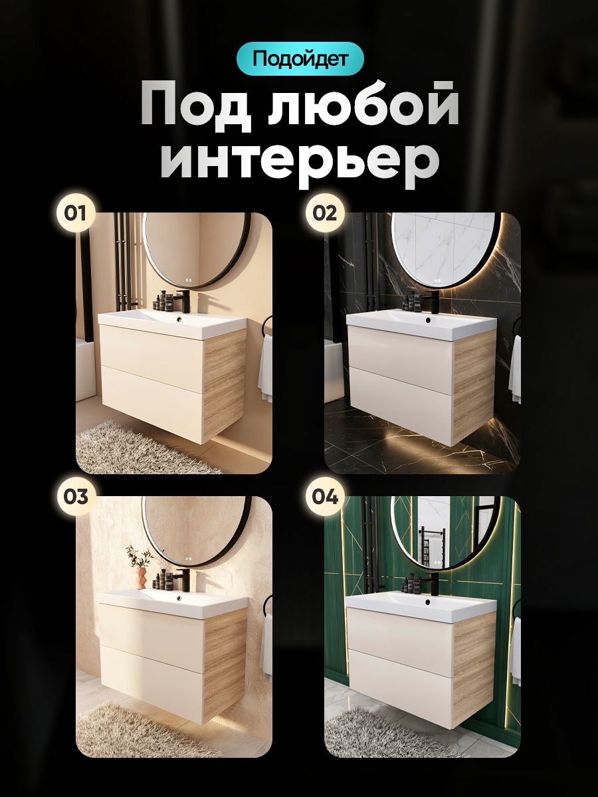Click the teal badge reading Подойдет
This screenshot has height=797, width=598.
(x=300, y=58)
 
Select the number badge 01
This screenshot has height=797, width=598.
(x=75, y=213)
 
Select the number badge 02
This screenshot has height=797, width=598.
(x=324, y=213)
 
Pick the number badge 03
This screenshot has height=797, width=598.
(x=75, y=496)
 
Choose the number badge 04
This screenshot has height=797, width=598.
(x=324, y=496)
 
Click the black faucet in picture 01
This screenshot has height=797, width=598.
(x=182, y=300)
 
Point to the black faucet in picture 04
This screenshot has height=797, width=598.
(x=432, y=583)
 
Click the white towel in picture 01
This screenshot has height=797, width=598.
(x=265, y=367)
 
